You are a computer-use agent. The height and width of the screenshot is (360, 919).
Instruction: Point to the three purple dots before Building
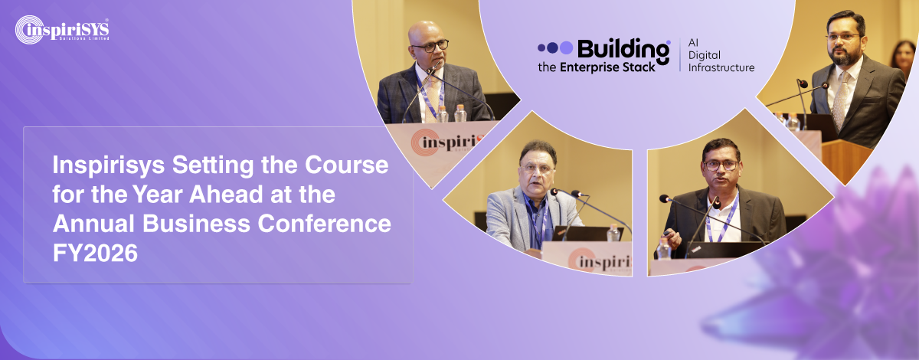pyautogui.click(x=554, y=47)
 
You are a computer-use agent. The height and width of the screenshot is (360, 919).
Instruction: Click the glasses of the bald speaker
pyautogui.click(x=430, y=46)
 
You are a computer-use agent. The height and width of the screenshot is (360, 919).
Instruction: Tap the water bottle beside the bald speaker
pyautogui.click(x=459, y=113)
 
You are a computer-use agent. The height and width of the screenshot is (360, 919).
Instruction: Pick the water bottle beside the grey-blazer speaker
pyautogui.click(x=613, y=233)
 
